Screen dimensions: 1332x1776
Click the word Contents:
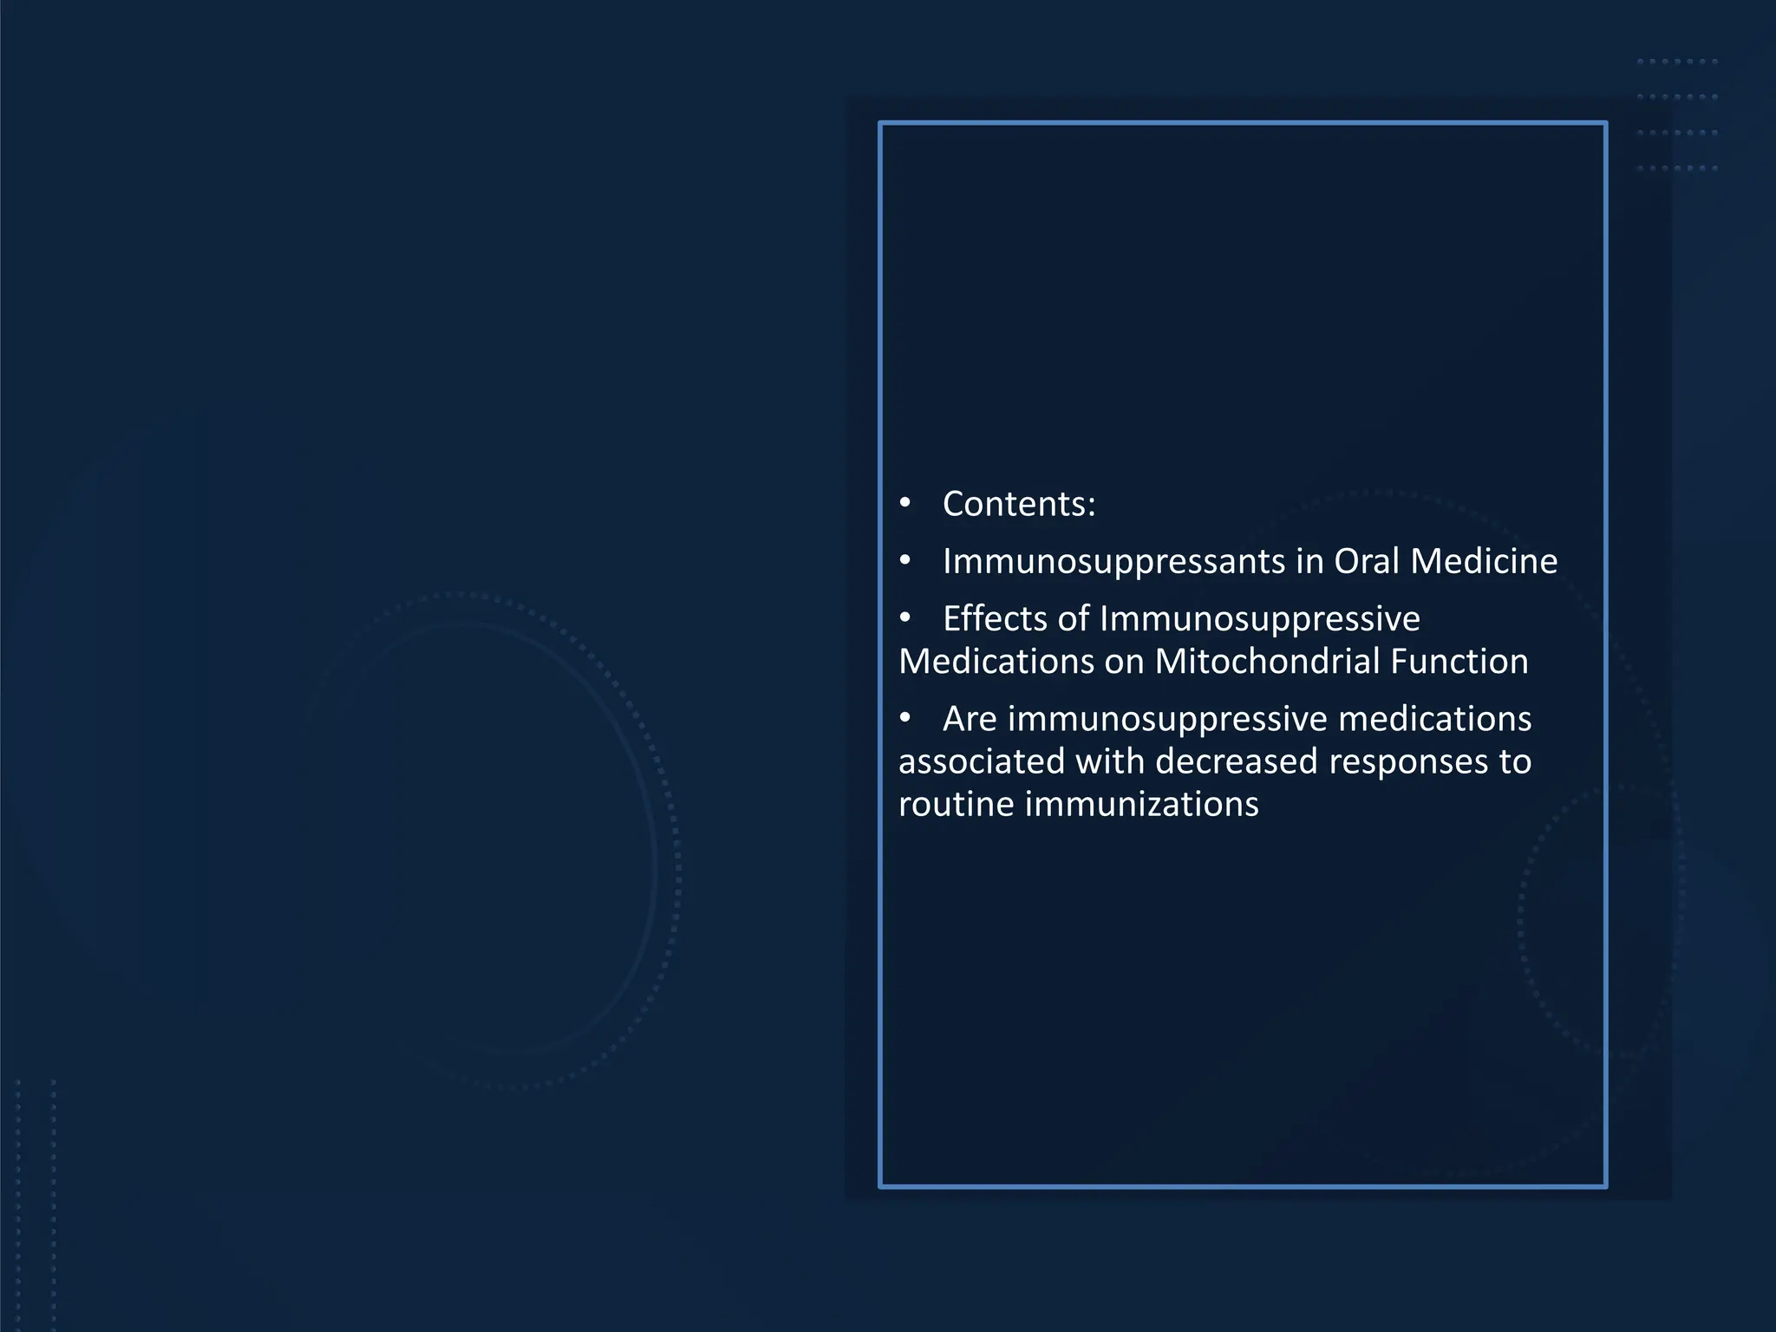[x=1019, y=504]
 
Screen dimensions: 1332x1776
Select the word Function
[x=1459, y=662]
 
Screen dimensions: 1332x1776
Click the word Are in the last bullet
[x=970, y=718]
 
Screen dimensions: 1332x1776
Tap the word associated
[x=982, y=761]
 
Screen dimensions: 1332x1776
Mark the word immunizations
[x=1142, y=804]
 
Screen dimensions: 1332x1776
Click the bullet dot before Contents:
[x=905, y=503]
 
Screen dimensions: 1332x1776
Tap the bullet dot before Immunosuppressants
[x=905, y=561]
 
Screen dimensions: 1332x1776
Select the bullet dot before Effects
[x=905, y=618]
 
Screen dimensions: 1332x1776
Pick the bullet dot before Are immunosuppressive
[x=905, y=718]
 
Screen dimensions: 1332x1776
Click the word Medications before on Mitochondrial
[x=996, y=662]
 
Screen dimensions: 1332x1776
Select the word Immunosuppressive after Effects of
[x=1260, y=618]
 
